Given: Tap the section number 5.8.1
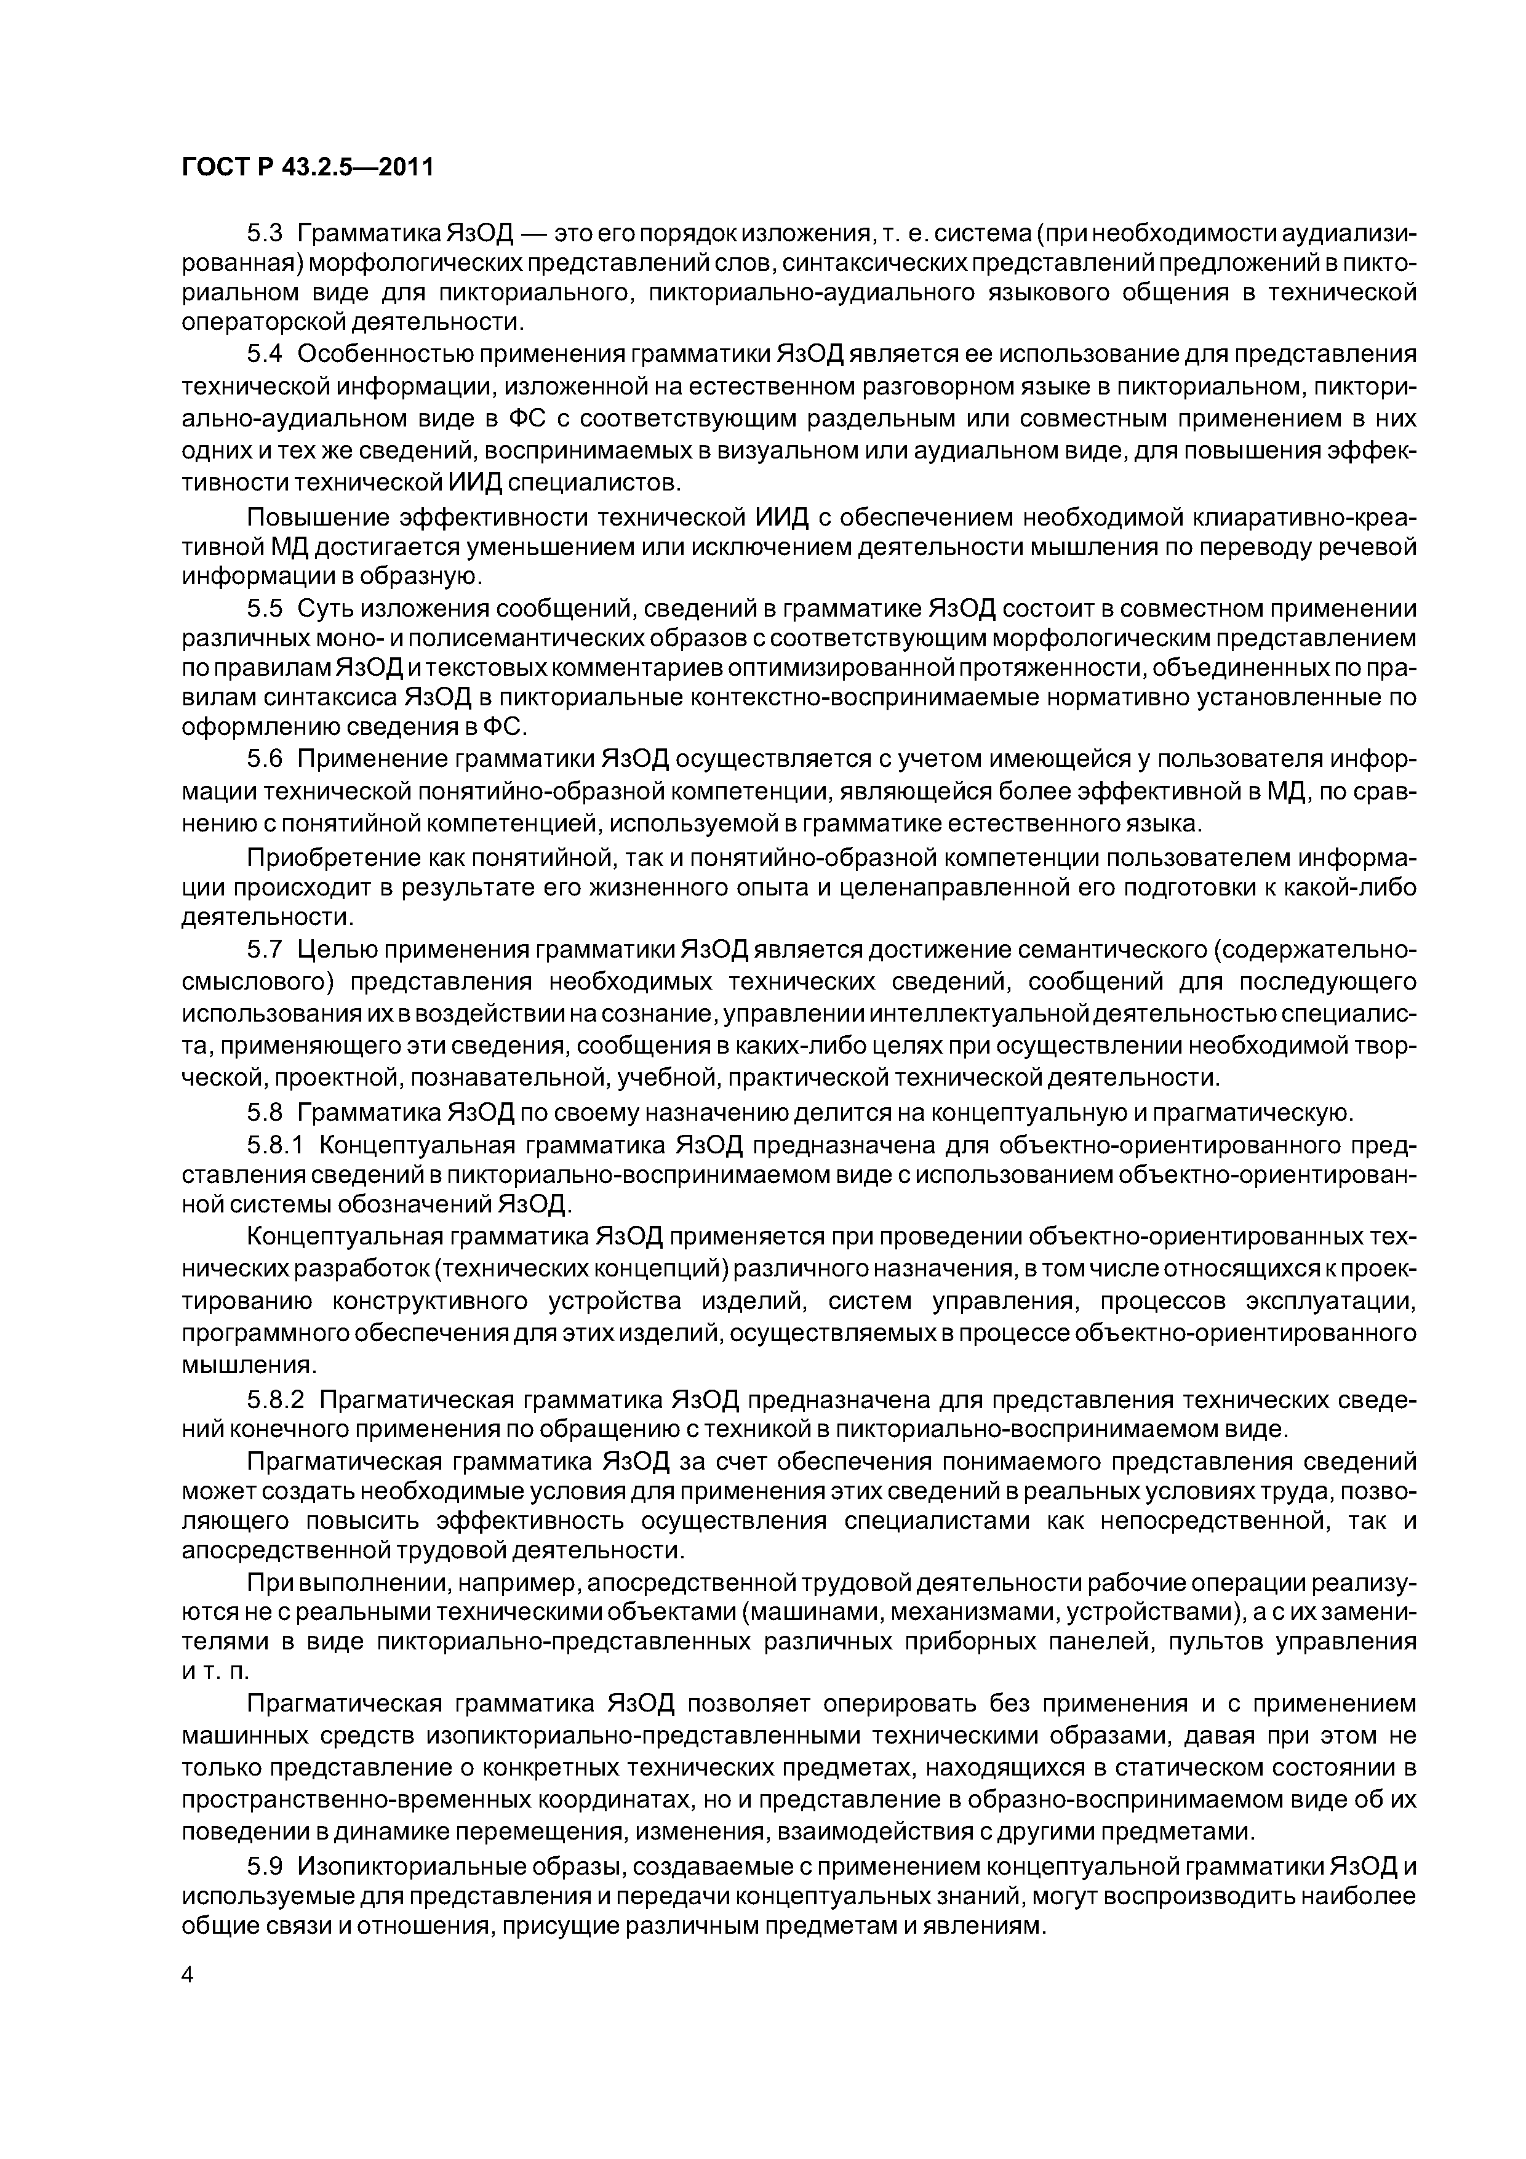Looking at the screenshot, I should click(276, 1145).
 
